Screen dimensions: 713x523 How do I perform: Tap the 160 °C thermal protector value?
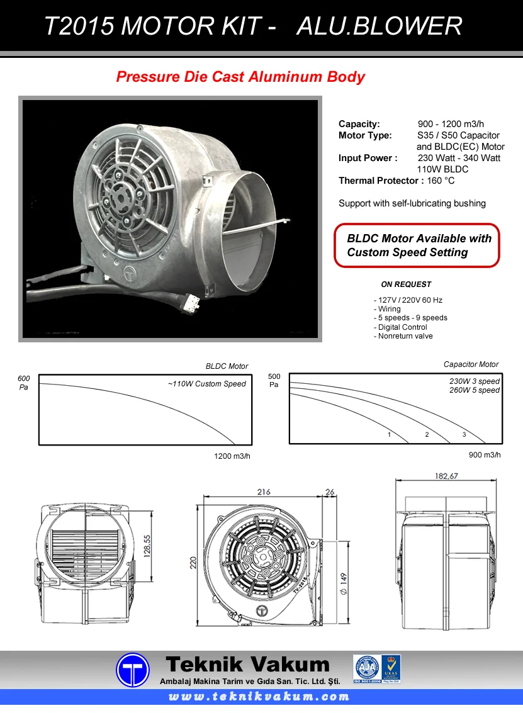click(441, 181)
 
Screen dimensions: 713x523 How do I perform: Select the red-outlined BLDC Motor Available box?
click(417, 245)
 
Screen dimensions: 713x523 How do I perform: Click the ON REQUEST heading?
click(406, 284)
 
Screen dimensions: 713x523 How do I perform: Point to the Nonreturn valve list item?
click(405, 336)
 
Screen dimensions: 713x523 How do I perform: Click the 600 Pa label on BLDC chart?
click(24, 383)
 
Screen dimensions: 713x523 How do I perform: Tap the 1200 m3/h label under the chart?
click(232, 456)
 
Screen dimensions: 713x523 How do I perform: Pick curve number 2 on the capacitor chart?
click(427, 435)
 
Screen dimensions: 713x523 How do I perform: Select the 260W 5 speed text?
click(474, 390)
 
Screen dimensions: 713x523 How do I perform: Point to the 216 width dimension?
click(264, 491)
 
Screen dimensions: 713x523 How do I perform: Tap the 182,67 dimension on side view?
click(446, 476)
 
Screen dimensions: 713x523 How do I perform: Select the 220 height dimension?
click(194, 561)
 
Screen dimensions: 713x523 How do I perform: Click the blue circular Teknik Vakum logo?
click(133, 670)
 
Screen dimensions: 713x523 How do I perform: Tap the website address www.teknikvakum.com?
click(259, 697)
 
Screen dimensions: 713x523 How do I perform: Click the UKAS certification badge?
click(390, 668)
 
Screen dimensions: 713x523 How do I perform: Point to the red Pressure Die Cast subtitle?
click(240, 77)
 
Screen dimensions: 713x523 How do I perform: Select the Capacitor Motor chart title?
click(471, 364)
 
